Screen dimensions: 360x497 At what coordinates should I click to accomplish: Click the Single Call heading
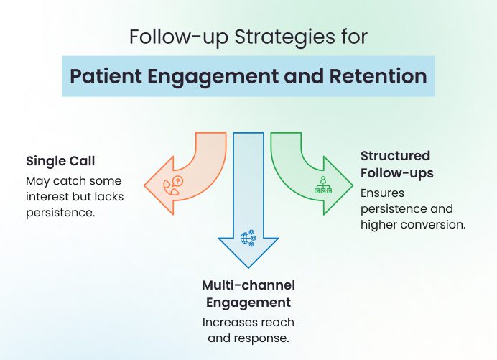tap(60, 160)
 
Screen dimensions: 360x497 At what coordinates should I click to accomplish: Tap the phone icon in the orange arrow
tap(174, 185)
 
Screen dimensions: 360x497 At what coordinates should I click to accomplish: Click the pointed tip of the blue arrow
tap(248, 265)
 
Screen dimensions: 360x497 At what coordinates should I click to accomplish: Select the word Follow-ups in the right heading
tap(397, 173)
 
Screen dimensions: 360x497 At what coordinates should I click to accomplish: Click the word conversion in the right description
tap(437, 224)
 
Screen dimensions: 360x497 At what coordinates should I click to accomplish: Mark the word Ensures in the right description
tap(381, 193)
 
